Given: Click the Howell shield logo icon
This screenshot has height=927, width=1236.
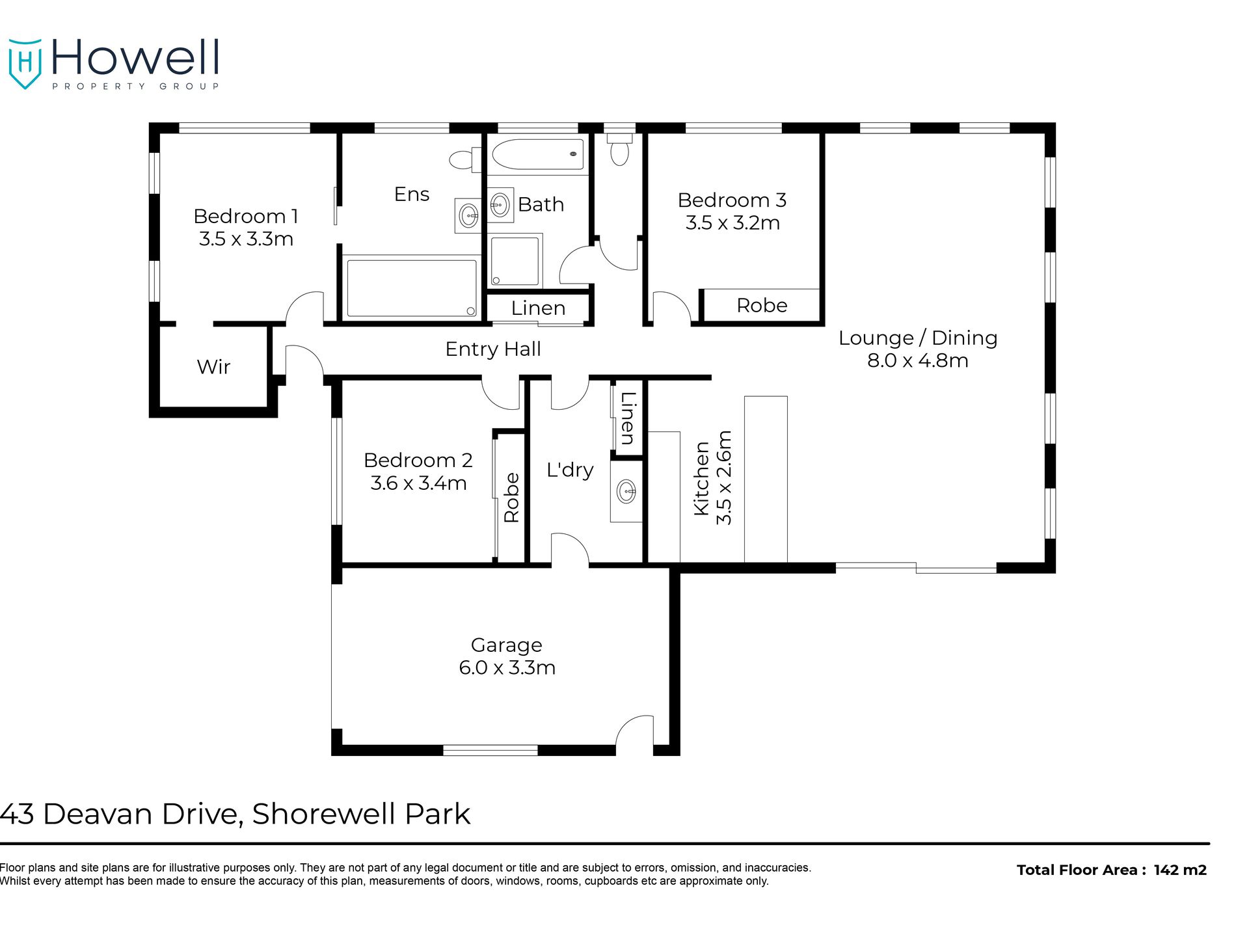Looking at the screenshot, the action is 25,63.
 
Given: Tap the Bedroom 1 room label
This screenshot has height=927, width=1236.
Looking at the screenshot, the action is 245,216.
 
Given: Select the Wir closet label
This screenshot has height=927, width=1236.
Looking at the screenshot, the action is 213,367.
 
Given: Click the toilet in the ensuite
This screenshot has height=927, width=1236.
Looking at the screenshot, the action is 464,159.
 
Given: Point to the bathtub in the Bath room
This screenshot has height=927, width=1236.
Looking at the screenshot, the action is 537,155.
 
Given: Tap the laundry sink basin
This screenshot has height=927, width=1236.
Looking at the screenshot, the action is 626,491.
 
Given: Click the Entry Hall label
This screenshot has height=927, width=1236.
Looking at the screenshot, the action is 493,349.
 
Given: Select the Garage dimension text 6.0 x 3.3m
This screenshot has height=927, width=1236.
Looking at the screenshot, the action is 507,668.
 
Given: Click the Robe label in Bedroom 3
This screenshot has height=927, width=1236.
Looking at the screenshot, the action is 762,306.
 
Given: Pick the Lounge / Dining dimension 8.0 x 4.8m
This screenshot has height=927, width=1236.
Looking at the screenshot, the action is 917,360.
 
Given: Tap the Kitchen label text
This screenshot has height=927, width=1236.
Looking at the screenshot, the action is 701,478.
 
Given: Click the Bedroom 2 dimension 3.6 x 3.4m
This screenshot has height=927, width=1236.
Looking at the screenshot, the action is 418,483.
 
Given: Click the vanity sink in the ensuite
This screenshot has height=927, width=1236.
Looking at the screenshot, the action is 468,215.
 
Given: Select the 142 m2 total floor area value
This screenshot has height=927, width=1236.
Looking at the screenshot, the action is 1180,870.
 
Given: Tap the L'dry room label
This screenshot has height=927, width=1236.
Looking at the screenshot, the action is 570,470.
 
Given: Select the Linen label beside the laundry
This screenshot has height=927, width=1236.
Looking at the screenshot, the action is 627,418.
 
